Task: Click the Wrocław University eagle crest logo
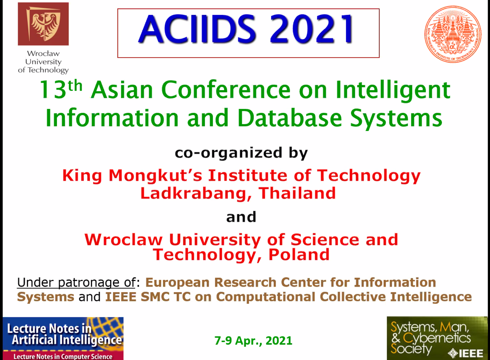coord(43,24)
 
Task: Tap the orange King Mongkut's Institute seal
coord(453,34)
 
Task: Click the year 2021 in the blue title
coord(311,29)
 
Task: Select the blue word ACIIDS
coord(197,29)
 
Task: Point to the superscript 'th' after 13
coord(75,86)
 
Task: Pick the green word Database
coord(289,118)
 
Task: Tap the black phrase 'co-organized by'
coord(241,153)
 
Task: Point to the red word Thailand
coord(297,193)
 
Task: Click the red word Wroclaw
coord(124,240)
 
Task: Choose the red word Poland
coord(299,255)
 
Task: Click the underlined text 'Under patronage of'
coord(76,283)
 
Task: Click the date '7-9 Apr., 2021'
coord(253,341)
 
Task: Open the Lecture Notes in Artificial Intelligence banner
coord(63,338)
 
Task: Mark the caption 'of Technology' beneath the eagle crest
coord(43,70)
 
